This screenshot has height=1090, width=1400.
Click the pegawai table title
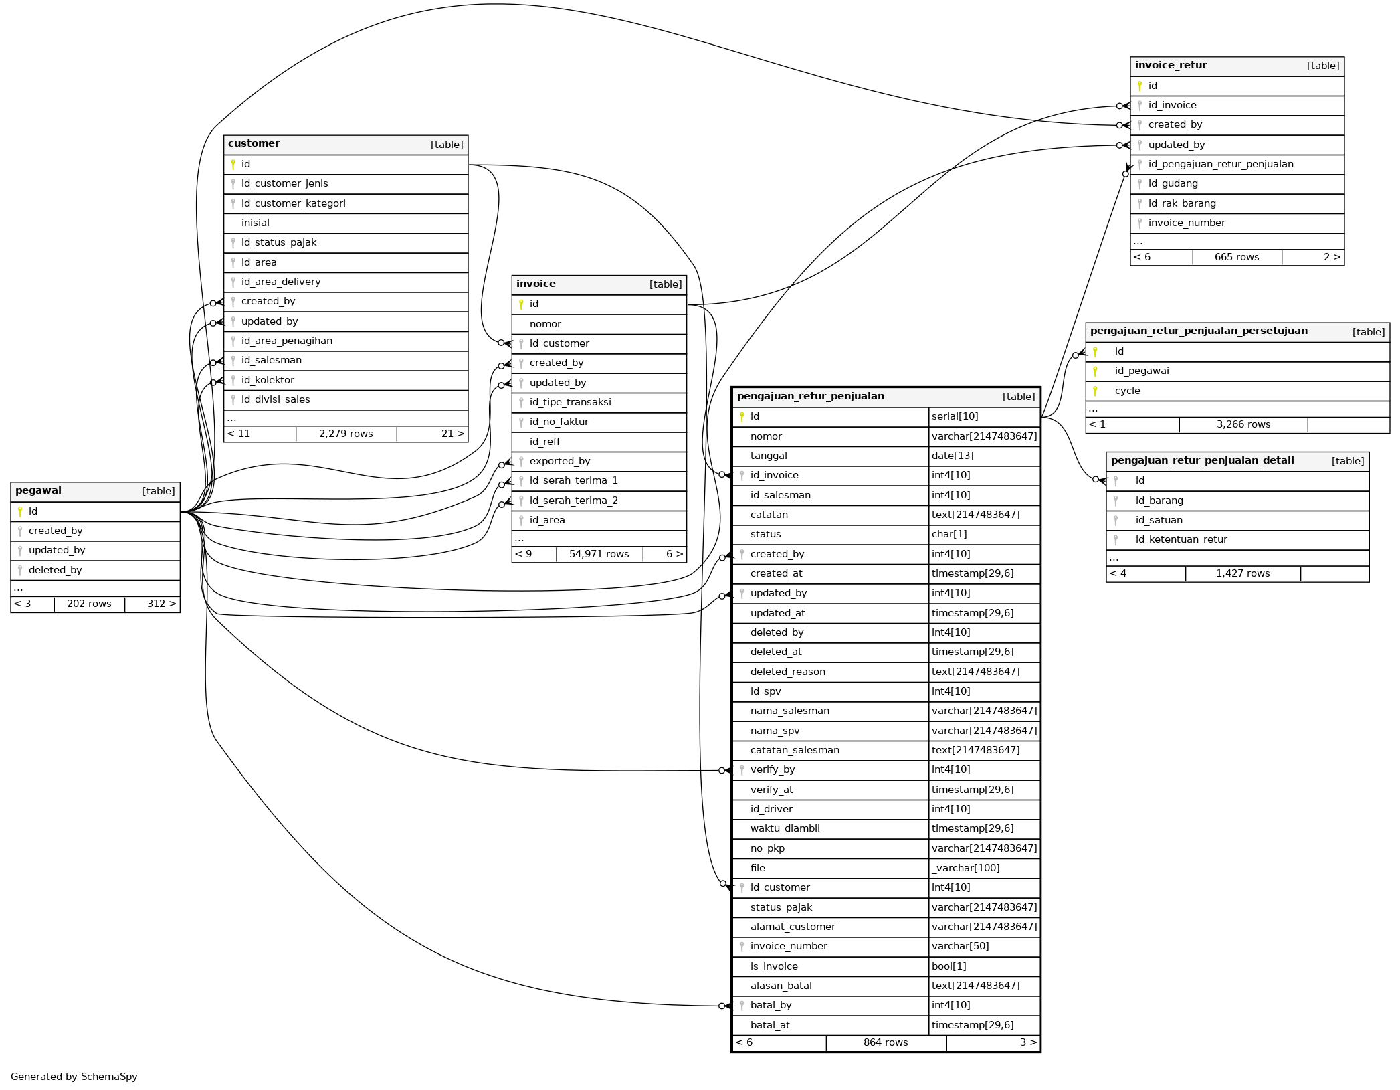(x=38, y=491)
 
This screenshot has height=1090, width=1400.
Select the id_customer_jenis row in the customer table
(x=284, y=184)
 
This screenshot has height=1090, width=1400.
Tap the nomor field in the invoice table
(x=545, y=324)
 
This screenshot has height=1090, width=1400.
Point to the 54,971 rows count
(x=599, y=554)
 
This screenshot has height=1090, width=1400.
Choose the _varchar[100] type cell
(x=965, y=868)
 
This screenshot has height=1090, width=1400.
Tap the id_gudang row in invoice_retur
(x=1173, y=184)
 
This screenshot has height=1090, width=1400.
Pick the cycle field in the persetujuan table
(x=1127, y=391)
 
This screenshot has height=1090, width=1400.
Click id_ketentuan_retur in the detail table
(x=1181, y=540)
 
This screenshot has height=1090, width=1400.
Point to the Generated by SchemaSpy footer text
(x=74, y=1077)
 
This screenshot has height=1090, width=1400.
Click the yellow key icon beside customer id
(x=233, y=164)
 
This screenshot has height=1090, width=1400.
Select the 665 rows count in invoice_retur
(x=1236, y=257)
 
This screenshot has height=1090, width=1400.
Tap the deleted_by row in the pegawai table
(x=55, y=570)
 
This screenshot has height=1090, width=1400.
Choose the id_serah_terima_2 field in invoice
(x=573, y=501)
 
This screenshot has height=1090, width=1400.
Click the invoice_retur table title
(x=1171, y=66)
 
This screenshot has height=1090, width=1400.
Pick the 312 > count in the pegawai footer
(x=161, y=604)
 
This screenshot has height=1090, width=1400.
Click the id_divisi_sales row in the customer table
(x=276, y=400)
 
